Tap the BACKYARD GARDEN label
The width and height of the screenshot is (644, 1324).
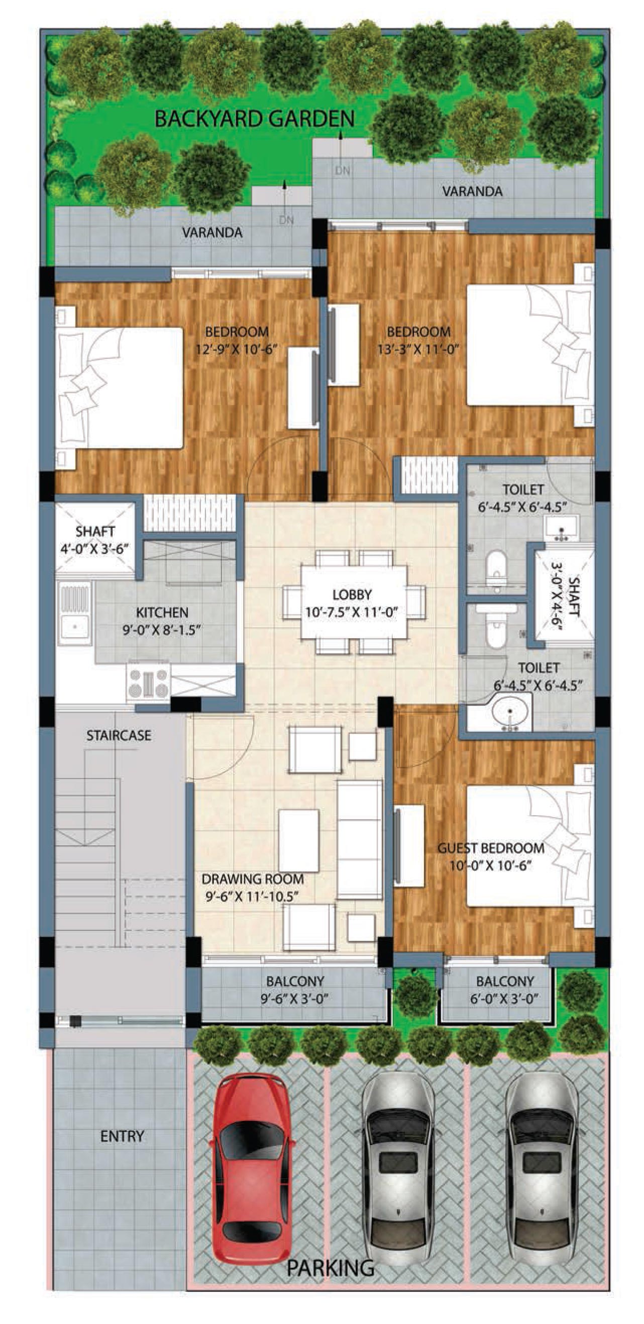(x=255, y=119)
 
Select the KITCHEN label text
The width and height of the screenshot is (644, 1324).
(x=162, y=612)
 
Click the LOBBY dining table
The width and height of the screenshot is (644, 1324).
(x=354, y=602)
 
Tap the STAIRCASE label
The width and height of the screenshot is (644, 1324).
(x=119, y=736)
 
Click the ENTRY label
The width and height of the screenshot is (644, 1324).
(x=122, y=1136)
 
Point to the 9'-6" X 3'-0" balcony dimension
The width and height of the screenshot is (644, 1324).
(x=294, y=998)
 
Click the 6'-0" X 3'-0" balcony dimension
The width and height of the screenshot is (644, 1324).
(x=504, y=998)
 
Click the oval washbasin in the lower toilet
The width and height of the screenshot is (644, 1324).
(x=510, y=712)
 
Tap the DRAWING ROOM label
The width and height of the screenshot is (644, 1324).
(x=252, y=879)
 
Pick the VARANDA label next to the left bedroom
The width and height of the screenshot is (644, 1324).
(x=212, y=232)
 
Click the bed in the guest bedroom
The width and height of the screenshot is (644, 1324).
(x=530, y=845)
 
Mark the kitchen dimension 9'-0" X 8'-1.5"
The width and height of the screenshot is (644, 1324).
(x=161, y=630)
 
